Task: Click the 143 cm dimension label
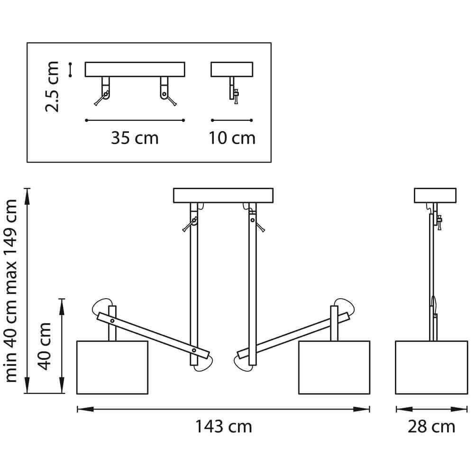pyautogui.click(x=224, y=427)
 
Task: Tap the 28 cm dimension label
pyautogui.click(x=431, y=427)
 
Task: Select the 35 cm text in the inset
pyautogui.click(x=135, y=138)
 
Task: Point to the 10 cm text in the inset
pyautogui.click(x=232, y=138)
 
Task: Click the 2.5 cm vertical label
pyautogui.click(x=52, y=87)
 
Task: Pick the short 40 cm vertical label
pyautogui.click(x=44, y=346)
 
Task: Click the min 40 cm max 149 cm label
pyautogui.click(x=11, y=291)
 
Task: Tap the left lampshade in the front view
pyautogui.click(x=112, y=368)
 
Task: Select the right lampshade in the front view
pyautogui.click(x=334, y=368)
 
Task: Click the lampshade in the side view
pyautogui.click(x=431, y=368)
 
